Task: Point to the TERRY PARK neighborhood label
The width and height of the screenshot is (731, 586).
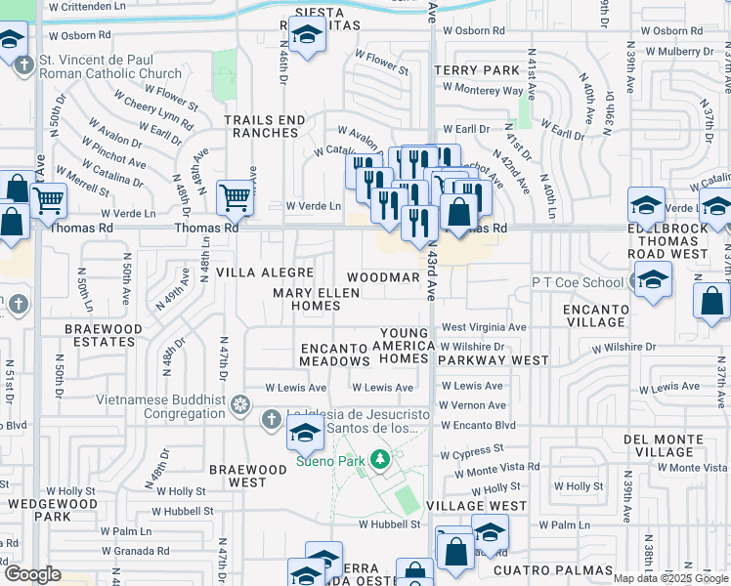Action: (478, 70)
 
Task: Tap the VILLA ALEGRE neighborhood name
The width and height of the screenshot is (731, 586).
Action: (264, 272)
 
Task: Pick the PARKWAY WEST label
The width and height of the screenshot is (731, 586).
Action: (494, 360)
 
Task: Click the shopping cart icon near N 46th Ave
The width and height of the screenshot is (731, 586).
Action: (236, 198)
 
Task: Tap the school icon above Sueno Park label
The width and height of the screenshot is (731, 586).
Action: (306, 431)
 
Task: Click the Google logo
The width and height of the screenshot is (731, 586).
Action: (32, 574)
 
